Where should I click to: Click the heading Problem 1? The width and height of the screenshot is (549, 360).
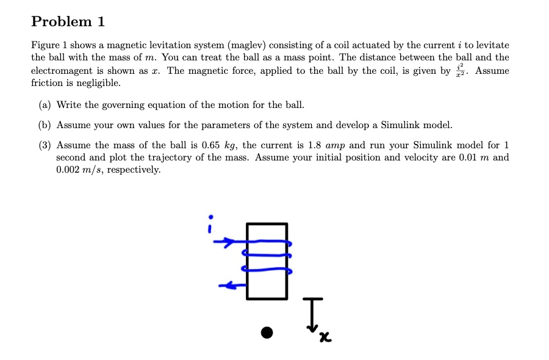(68, 22)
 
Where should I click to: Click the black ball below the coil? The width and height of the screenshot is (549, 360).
(267, 333)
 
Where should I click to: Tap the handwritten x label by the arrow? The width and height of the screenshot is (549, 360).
(327, 336)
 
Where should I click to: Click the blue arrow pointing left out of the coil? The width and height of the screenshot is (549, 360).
(229, 284)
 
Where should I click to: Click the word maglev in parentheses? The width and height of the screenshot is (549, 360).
(246, 46)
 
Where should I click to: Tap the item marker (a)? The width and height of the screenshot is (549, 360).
(45, 105)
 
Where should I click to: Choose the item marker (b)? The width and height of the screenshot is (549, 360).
(45, 125)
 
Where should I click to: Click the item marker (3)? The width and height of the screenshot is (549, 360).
(45, 145)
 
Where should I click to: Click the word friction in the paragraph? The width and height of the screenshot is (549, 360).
(45, 82)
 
